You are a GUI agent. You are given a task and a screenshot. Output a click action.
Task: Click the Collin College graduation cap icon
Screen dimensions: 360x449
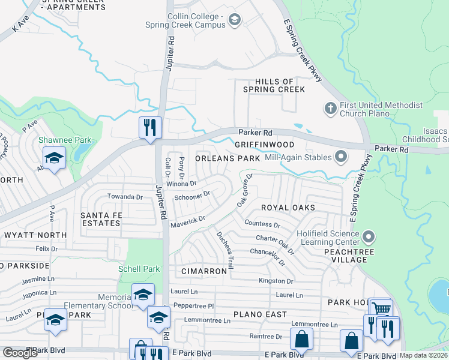click(x=234, y=21)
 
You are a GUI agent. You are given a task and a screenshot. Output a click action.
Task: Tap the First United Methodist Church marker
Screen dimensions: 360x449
click(x=330, y=109)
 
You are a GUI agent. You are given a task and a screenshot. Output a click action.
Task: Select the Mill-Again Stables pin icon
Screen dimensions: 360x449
click(x=342, y=158)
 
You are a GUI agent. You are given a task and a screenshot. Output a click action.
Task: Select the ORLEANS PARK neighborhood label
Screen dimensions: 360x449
click(x=228, y=158)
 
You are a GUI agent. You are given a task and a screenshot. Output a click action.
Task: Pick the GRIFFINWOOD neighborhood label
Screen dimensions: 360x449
click(x=264, y=145)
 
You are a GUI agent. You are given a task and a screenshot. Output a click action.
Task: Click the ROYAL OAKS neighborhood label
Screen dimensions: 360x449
click(x=288, y=207)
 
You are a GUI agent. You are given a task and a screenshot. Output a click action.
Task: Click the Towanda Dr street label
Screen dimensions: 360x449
click(x=124, y=196)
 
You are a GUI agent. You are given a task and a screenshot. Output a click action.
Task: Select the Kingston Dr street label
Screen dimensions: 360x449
click(x=276, y=280)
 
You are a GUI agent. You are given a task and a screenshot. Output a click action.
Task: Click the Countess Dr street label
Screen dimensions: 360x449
click(x=263, y=224)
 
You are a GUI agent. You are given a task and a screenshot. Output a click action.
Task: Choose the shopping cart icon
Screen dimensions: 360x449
click(x=380, y=308)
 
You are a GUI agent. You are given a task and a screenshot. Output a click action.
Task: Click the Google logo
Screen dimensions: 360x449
click(x=20, y=353)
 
